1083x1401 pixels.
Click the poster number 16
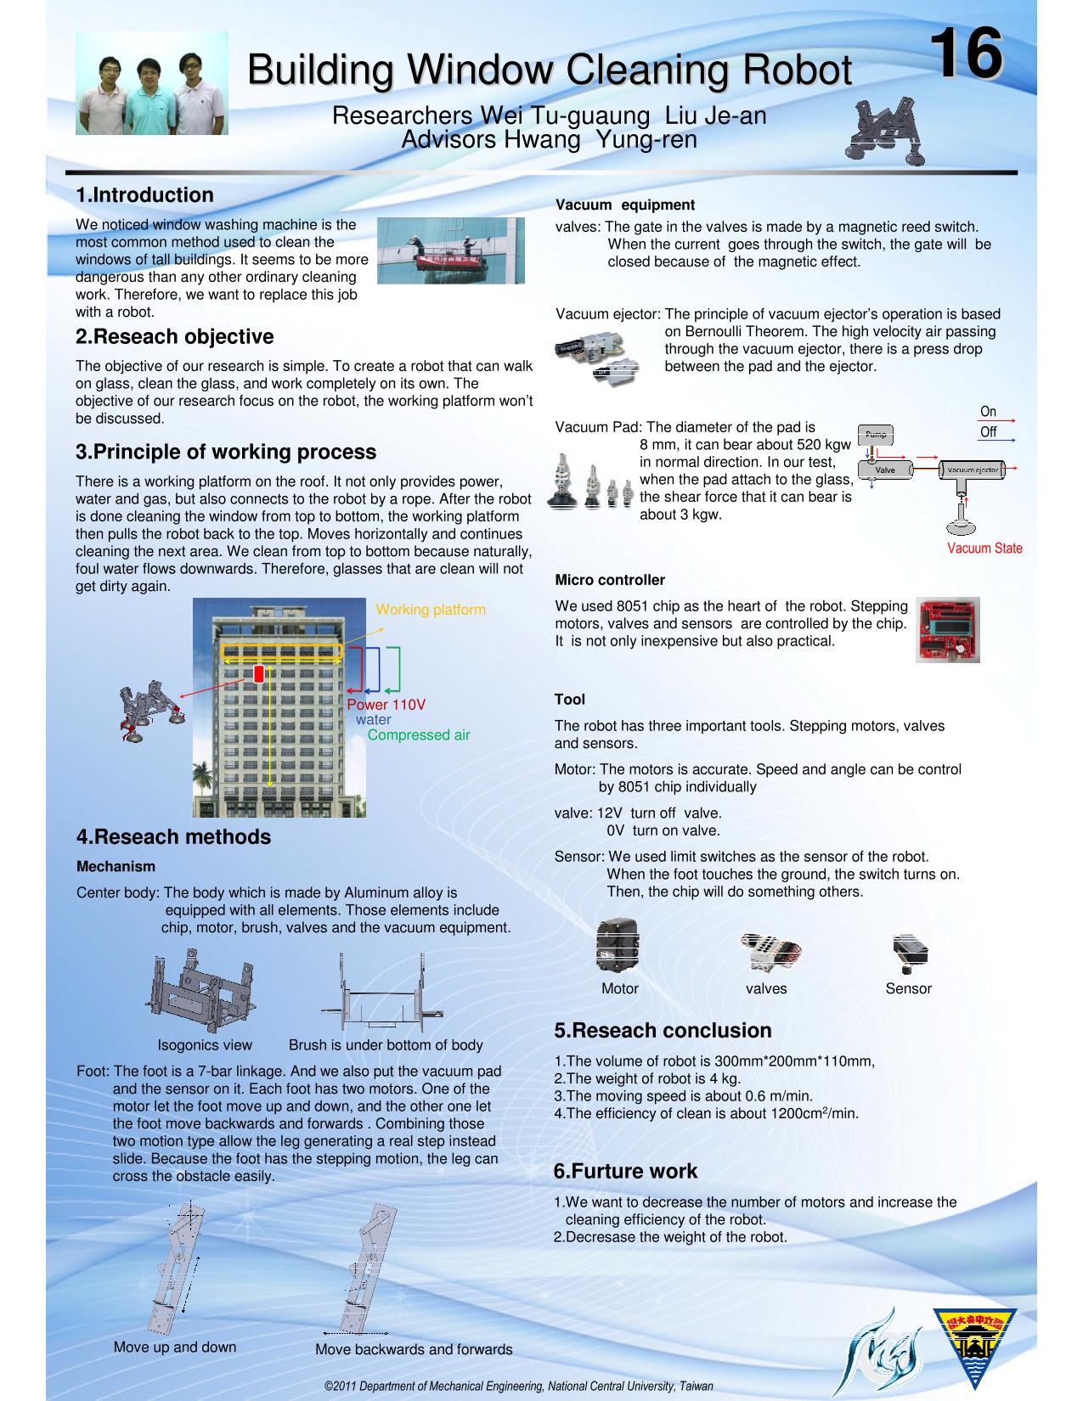click(967, 53)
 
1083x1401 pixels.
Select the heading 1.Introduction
click(144, 194)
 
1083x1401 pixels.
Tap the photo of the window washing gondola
click(451, 250)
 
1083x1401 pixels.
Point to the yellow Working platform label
click(431, 610)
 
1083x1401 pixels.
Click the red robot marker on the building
click(259, 673)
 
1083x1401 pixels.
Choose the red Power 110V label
click(386, 704)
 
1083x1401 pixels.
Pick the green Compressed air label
click(419, 734)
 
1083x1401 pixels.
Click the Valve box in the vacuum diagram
click(885, 470)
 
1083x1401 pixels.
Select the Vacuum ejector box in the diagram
click(972, 470)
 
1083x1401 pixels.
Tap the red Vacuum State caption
click(984, 548)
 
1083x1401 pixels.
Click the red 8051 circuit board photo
click(948, 629)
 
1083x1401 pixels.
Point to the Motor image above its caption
click(618, 944)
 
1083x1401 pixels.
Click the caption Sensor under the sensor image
click(908, 988)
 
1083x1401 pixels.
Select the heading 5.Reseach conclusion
click(663, 1030)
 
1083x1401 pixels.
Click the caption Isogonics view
click(205, 1045)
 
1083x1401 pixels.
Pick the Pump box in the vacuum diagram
click(875, 434)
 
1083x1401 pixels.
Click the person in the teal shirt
click(149, 97)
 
